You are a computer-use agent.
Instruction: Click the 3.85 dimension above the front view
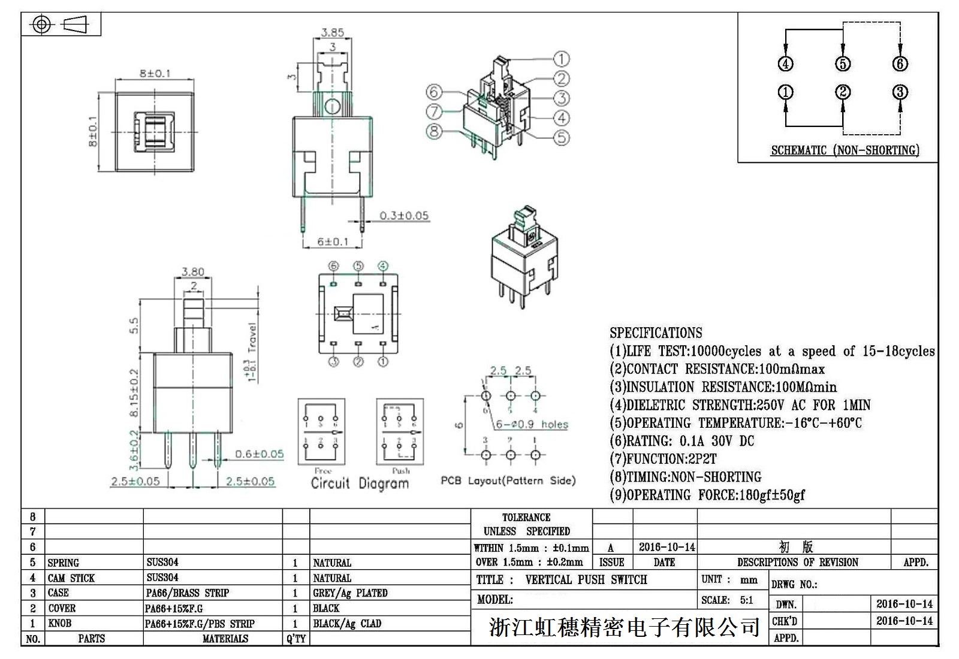point(332,32)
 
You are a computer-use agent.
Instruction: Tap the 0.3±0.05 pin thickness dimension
point(404,216)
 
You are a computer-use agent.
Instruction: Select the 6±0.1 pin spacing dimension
point(333,241)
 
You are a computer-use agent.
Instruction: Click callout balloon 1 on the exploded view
point(561,59)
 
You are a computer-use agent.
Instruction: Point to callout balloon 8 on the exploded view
point(434,131)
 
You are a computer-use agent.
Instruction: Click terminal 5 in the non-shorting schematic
point(843,64)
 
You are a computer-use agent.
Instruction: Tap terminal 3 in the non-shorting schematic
point(900,92)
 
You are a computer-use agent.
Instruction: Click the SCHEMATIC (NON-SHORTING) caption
point(845,150)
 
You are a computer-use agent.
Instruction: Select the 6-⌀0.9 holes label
point(532,424)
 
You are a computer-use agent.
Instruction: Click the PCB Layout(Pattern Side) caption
point(508,480)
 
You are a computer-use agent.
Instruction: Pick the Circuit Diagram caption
point(360,483)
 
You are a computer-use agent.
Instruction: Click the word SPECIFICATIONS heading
point(656,333)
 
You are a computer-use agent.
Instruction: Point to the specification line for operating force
point(707,495)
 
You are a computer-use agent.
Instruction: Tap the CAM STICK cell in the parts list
point(71,578)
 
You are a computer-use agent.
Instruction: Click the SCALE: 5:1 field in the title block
point(727,600)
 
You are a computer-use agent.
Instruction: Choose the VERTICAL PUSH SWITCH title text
point(586,580)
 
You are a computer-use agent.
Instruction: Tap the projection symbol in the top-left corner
point(61,25)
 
